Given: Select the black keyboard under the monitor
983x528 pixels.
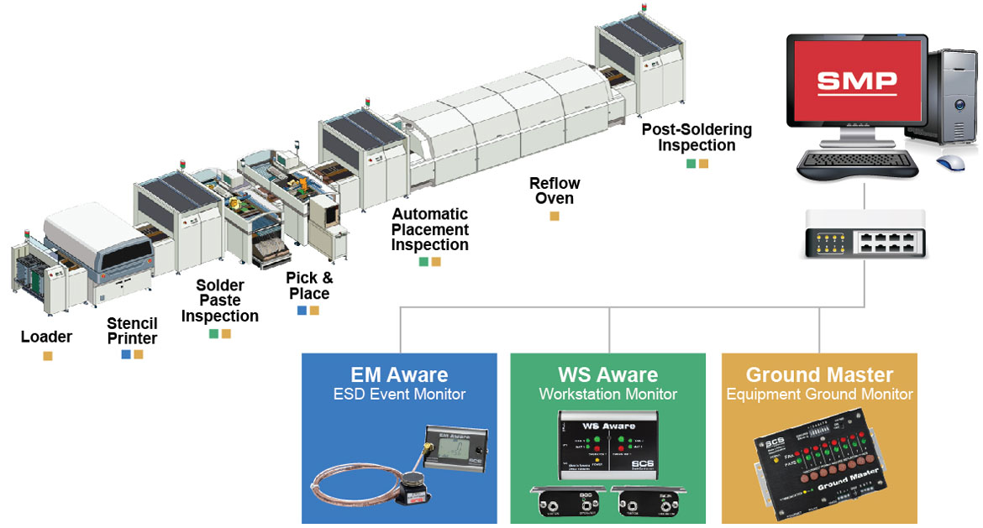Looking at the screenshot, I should click(853, 161).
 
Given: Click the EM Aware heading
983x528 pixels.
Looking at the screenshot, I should click(399, 374).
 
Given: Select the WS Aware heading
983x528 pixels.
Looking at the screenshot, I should click(607, 374).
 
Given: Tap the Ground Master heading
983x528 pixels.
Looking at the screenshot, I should click(819, 374).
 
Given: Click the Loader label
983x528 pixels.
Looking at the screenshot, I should click(46, 337).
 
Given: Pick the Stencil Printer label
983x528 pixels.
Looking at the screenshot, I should click(132, 331).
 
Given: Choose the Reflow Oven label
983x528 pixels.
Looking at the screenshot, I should click(555, 191).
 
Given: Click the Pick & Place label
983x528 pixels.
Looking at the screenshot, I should click(309, 285).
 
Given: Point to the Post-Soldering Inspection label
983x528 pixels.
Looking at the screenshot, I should click(697, 138).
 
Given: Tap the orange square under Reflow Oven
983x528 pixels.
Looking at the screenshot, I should click(555, 217).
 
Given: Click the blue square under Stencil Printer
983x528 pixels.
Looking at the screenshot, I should click(126, 354).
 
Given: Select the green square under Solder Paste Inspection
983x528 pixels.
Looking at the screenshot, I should click(214, 334).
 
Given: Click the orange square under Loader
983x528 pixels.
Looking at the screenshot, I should click(48, 356).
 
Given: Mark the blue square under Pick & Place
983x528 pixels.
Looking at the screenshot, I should click(302, 311).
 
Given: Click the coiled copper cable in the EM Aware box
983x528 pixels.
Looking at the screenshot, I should click(353, 487).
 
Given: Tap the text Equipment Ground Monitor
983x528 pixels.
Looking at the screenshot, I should click(819, 394).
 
